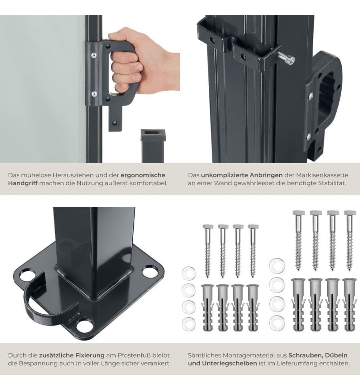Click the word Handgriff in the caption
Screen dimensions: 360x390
tap(23, 183)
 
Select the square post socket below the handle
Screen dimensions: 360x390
tap(152, 145)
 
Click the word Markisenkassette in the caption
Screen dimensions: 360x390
tap(322, 175)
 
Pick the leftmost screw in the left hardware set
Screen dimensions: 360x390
tap(208, 251)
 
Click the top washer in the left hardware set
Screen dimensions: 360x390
tap(189, 273)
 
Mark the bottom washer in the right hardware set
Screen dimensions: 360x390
tap(277, 322)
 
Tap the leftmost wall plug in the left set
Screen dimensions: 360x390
tap(208, 308)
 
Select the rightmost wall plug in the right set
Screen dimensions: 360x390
tap(349, 305)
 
